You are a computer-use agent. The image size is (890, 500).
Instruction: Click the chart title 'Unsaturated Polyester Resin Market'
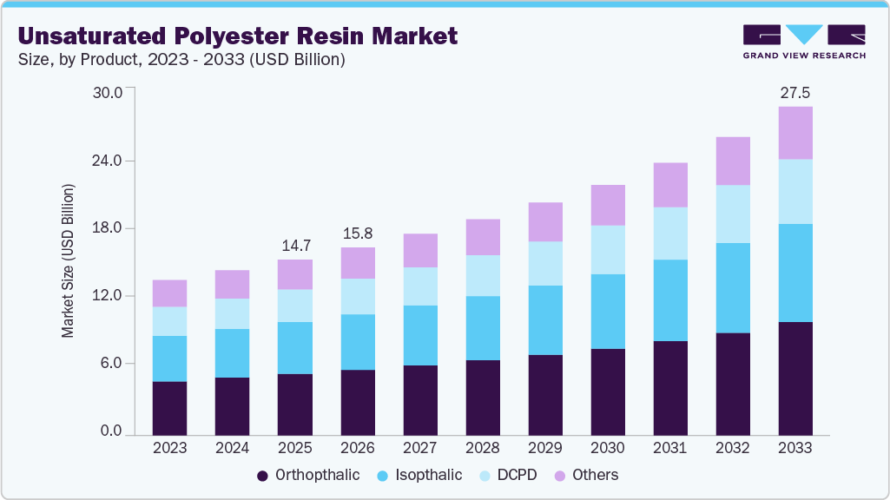237,36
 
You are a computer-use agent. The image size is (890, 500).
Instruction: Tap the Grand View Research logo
804,41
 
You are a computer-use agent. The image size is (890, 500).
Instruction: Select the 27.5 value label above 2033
794,93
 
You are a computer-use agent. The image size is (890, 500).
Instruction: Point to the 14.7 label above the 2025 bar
294,246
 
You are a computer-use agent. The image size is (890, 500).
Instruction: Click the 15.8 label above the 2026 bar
357,234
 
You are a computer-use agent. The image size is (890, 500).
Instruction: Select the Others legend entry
586,475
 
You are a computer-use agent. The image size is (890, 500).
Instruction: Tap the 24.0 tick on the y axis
111,161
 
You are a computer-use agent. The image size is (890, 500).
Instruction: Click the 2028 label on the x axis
483,449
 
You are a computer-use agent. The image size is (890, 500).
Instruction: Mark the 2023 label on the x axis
169,449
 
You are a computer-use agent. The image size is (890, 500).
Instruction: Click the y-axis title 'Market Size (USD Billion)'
68,260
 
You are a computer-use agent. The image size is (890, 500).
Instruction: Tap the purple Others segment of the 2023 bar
169,293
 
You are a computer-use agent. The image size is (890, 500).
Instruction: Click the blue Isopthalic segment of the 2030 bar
608,312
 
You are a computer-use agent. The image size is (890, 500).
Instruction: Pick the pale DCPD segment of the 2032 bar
733,214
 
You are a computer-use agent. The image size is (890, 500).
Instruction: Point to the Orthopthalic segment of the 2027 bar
420,399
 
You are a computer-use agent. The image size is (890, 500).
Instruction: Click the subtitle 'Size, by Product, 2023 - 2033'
181,60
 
